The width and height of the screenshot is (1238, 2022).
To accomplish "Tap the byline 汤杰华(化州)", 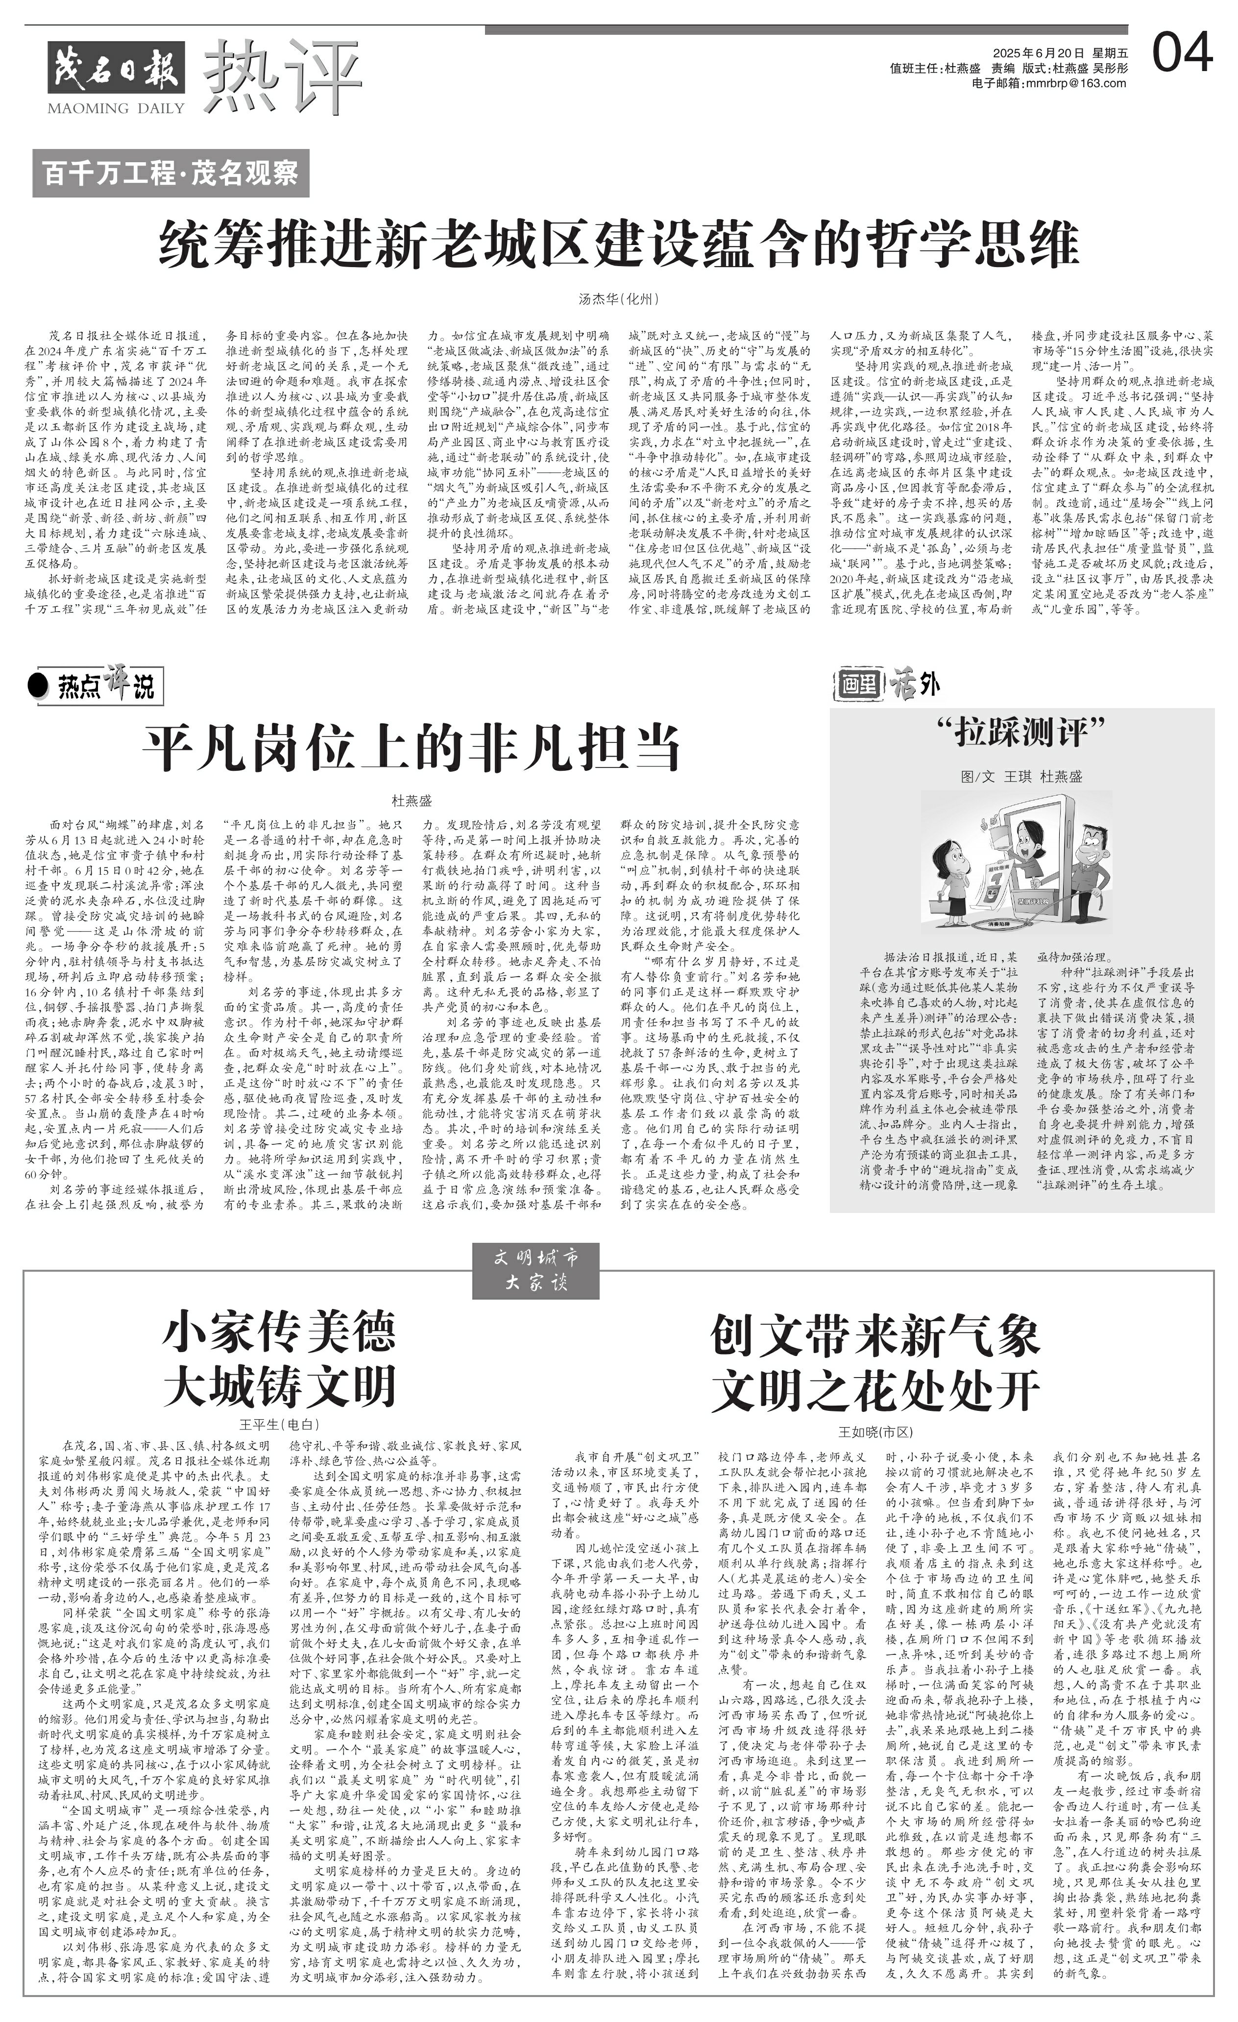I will click(619, 299).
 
